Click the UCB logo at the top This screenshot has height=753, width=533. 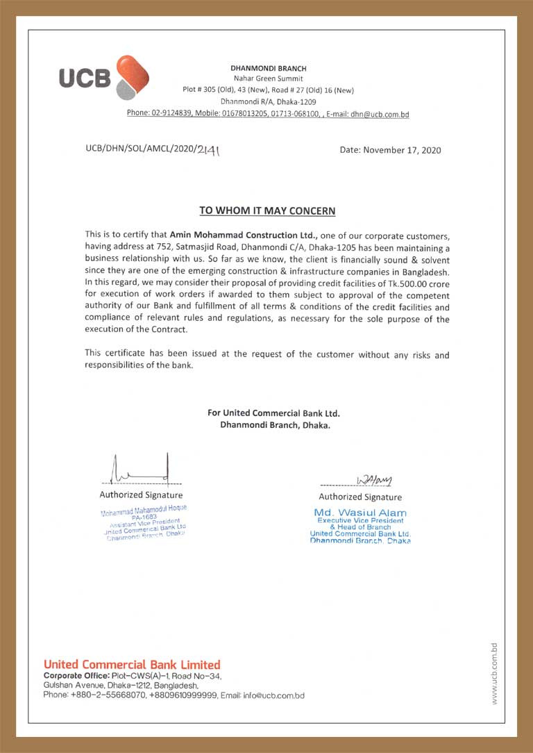103,77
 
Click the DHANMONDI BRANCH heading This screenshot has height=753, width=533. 268,68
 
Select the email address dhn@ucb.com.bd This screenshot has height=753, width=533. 379,113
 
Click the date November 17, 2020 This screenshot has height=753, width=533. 390,150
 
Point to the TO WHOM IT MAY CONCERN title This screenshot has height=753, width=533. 267,210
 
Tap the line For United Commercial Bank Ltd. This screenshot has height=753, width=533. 273,413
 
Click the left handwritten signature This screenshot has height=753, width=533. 142,470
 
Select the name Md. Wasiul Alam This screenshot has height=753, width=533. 360,513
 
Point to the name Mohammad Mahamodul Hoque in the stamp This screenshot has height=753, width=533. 144,511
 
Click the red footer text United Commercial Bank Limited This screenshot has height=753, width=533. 132,665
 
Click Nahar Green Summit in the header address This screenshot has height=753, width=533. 268,79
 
